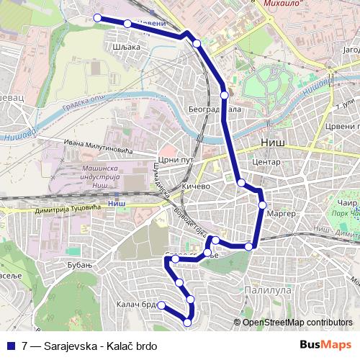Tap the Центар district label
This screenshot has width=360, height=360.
[266, 163]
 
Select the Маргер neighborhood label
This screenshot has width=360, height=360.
[281, 214]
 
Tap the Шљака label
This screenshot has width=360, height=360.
[127, 45]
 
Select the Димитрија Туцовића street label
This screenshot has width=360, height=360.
[66, 212]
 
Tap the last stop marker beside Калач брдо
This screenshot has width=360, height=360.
[162, 305]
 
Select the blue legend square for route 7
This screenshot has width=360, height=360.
[9, 346]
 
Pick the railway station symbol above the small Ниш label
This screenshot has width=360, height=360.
[115, 194]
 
